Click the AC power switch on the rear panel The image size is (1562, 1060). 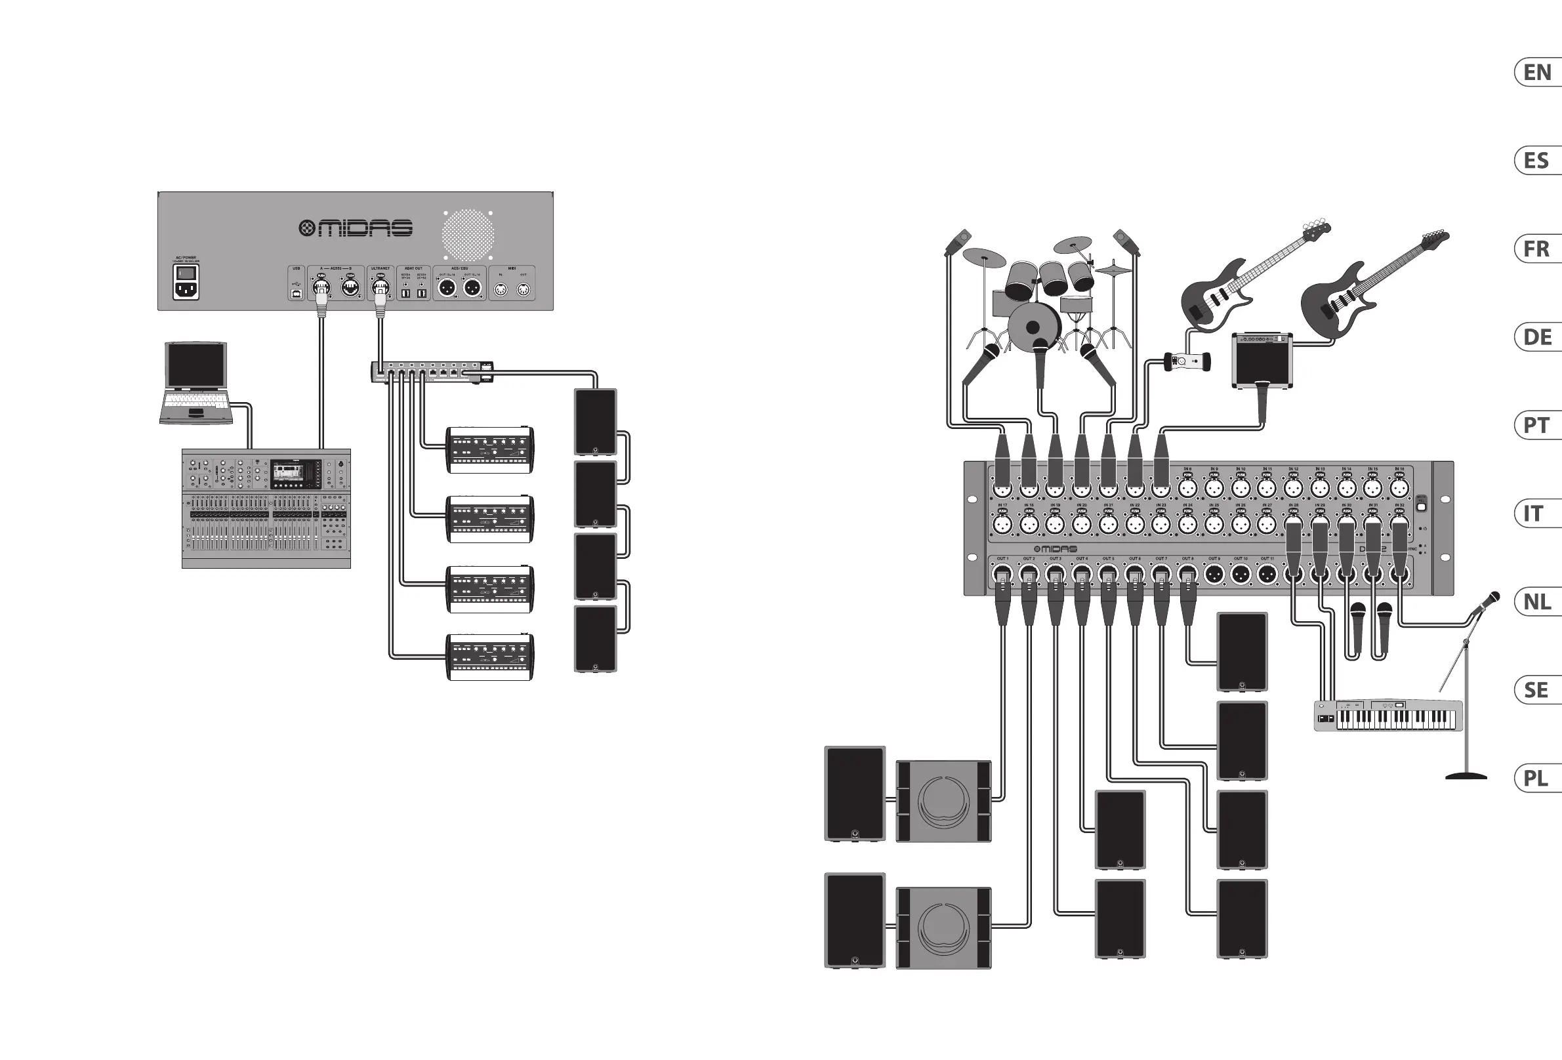pyautogui.click(x=186, y=273)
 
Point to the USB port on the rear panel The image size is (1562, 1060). pyautogui.click(x=297, y=293)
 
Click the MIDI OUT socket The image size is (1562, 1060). pyautogui.click(x=524, y=290)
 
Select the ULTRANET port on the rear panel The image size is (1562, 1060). pyautogui.click(x=380, y=288)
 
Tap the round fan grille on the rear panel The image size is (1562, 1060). pyautogui.click(x=468, y=235)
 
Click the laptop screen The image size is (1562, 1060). pyautogui.click(x=195, y=365)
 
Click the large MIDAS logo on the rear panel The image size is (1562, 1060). pyautogui.click(x=356, y=228)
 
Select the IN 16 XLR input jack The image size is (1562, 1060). pyautogui.click(x=1399, y=488)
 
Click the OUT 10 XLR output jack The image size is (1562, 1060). pyautogui.click(x=1241, y=574)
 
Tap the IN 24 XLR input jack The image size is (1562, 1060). pyautogui.click(x=1187, y=524)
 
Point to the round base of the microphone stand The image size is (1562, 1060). pyautogui.click(x=1466, y=777)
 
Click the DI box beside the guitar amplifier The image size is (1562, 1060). pyautogui.click(x=1187, y=361)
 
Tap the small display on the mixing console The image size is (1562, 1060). pyautogui.click(x=296, y=474)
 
